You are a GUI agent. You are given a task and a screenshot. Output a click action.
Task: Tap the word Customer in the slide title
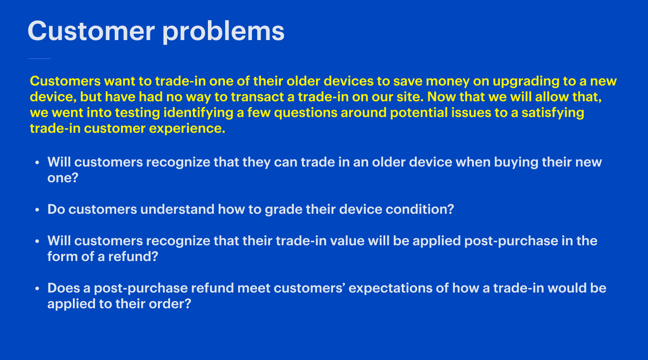click(91, 31)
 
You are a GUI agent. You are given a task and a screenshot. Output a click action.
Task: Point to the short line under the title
click(40, 59)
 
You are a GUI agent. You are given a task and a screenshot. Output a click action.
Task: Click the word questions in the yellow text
click(306, 113)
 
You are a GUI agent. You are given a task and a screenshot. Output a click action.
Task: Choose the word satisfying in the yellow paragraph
click(553, 113)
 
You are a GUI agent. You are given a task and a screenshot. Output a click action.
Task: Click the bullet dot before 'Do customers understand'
click(37, 210)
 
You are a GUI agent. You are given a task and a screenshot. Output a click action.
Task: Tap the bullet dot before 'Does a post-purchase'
click(37, 288)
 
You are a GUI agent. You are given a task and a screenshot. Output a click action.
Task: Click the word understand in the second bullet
click(177, 210)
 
